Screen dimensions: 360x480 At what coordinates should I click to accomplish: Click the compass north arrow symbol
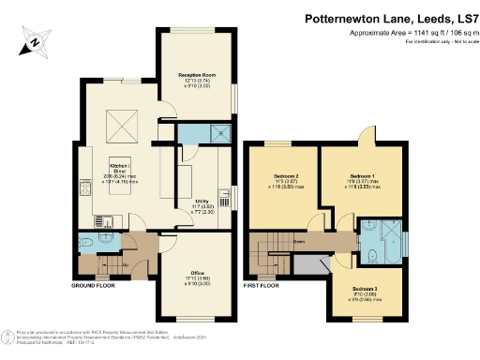coord(35,41)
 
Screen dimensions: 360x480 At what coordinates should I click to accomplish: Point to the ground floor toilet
coord(87,242)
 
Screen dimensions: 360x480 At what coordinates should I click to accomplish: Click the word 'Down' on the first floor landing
coord(298,241)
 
